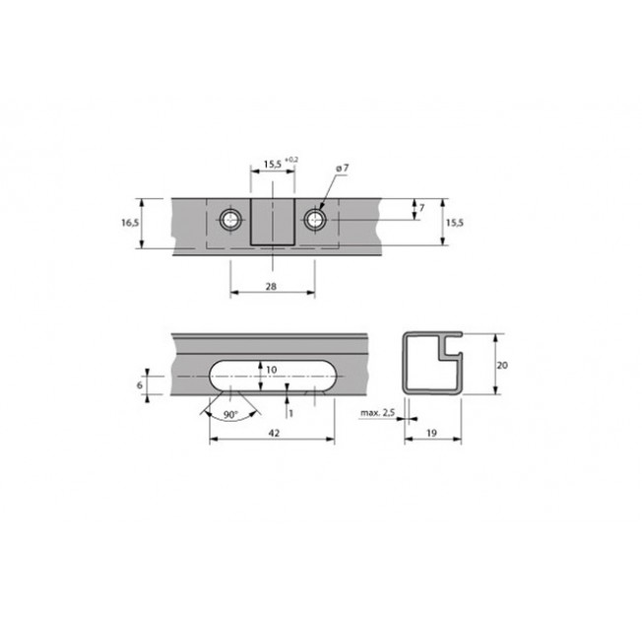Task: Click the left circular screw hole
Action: [x=230, y=220]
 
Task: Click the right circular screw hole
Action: [x=315, y=220]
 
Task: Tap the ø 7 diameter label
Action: [x=343, y=169]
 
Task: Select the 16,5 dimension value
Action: [x=130, y=223]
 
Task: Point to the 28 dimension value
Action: [x=271, y=286]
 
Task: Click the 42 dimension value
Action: [x=275, y=433]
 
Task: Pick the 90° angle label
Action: [x=231, y=415]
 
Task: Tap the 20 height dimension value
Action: [x=502, y=365]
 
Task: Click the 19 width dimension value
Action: [x=431, y=433]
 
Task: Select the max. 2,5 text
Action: [x=377, y=413]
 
